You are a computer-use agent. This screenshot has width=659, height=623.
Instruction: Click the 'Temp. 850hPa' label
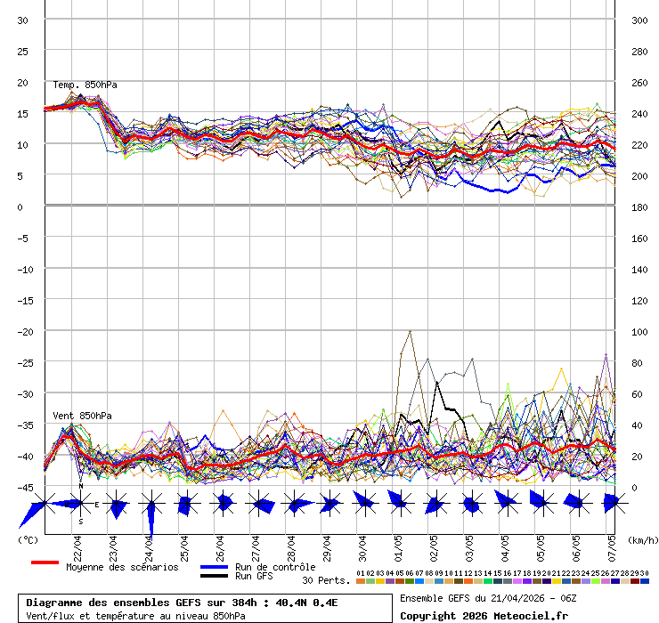coord(85,85)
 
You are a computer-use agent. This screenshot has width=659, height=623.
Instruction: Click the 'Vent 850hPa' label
coord(82,416)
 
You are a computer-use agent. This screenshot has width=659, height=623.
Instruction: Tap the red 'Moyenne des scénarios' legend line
coord(45,563)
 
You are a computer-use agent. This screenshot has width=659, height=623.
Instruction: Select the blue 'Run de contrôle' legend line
coord(215,567)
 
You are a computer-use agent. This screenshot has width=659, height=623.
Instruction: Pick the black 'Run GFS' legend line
coord(215,576)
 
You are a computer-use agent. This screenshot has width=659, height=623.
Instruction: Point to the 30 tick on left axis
coord(22,20)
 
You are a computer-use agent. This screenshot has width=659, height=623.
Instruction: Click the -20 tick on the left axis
coord(22,332)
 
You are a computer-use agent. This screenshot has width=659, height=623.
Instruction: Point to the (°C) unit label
coord(28,540)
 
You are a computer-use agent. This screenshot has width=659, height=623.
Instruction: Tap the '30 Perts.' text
coord(326,580)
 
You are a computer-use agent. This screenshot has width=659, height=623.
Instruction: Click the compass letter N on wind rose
coord(80,487)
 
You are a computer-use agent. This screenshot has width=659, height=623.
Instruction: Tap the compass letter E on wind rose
coord(97,505)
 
